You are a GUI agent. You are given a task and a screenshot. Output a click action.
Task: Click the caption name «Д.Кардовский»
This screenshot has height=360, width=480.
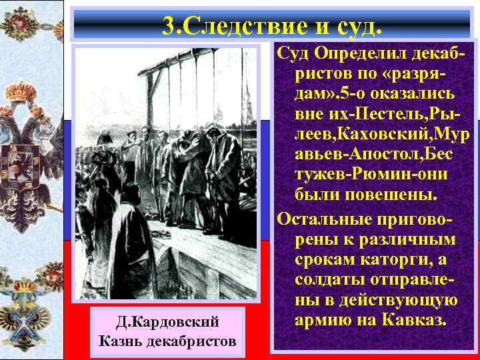[167, 323]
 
